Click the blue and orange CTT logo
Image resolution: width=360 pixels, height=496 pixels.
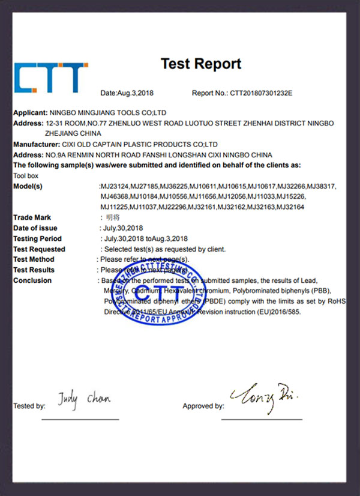(50, 78)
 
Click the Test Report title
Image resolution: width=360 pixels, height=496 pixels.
(200, 64)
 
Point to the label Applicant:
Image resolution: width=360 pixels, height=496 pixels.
(30, 112)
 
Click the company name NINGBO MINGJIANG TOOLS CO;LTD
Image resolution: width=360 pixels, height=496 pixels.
(108, 112)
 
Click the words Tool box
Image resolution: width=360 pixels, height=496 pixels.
(25, 176)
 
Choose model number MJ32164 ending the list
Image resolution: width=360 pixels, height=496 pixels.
(290, 206)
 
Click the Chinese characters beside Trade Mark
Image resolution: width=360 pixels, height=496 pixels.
(112, 217)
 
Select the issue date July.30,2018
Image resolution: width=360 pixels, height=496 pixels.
(123, 228)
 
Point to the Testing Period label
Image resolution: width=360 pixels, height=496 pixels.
(37, 238)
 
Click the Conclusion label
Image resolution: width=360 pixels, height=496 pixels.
(32, 280)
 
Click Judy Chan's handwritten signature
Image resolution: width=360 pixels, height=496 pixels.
(84, 398)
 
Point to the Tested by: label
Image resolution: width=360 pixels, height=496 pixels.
(29, 407)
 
